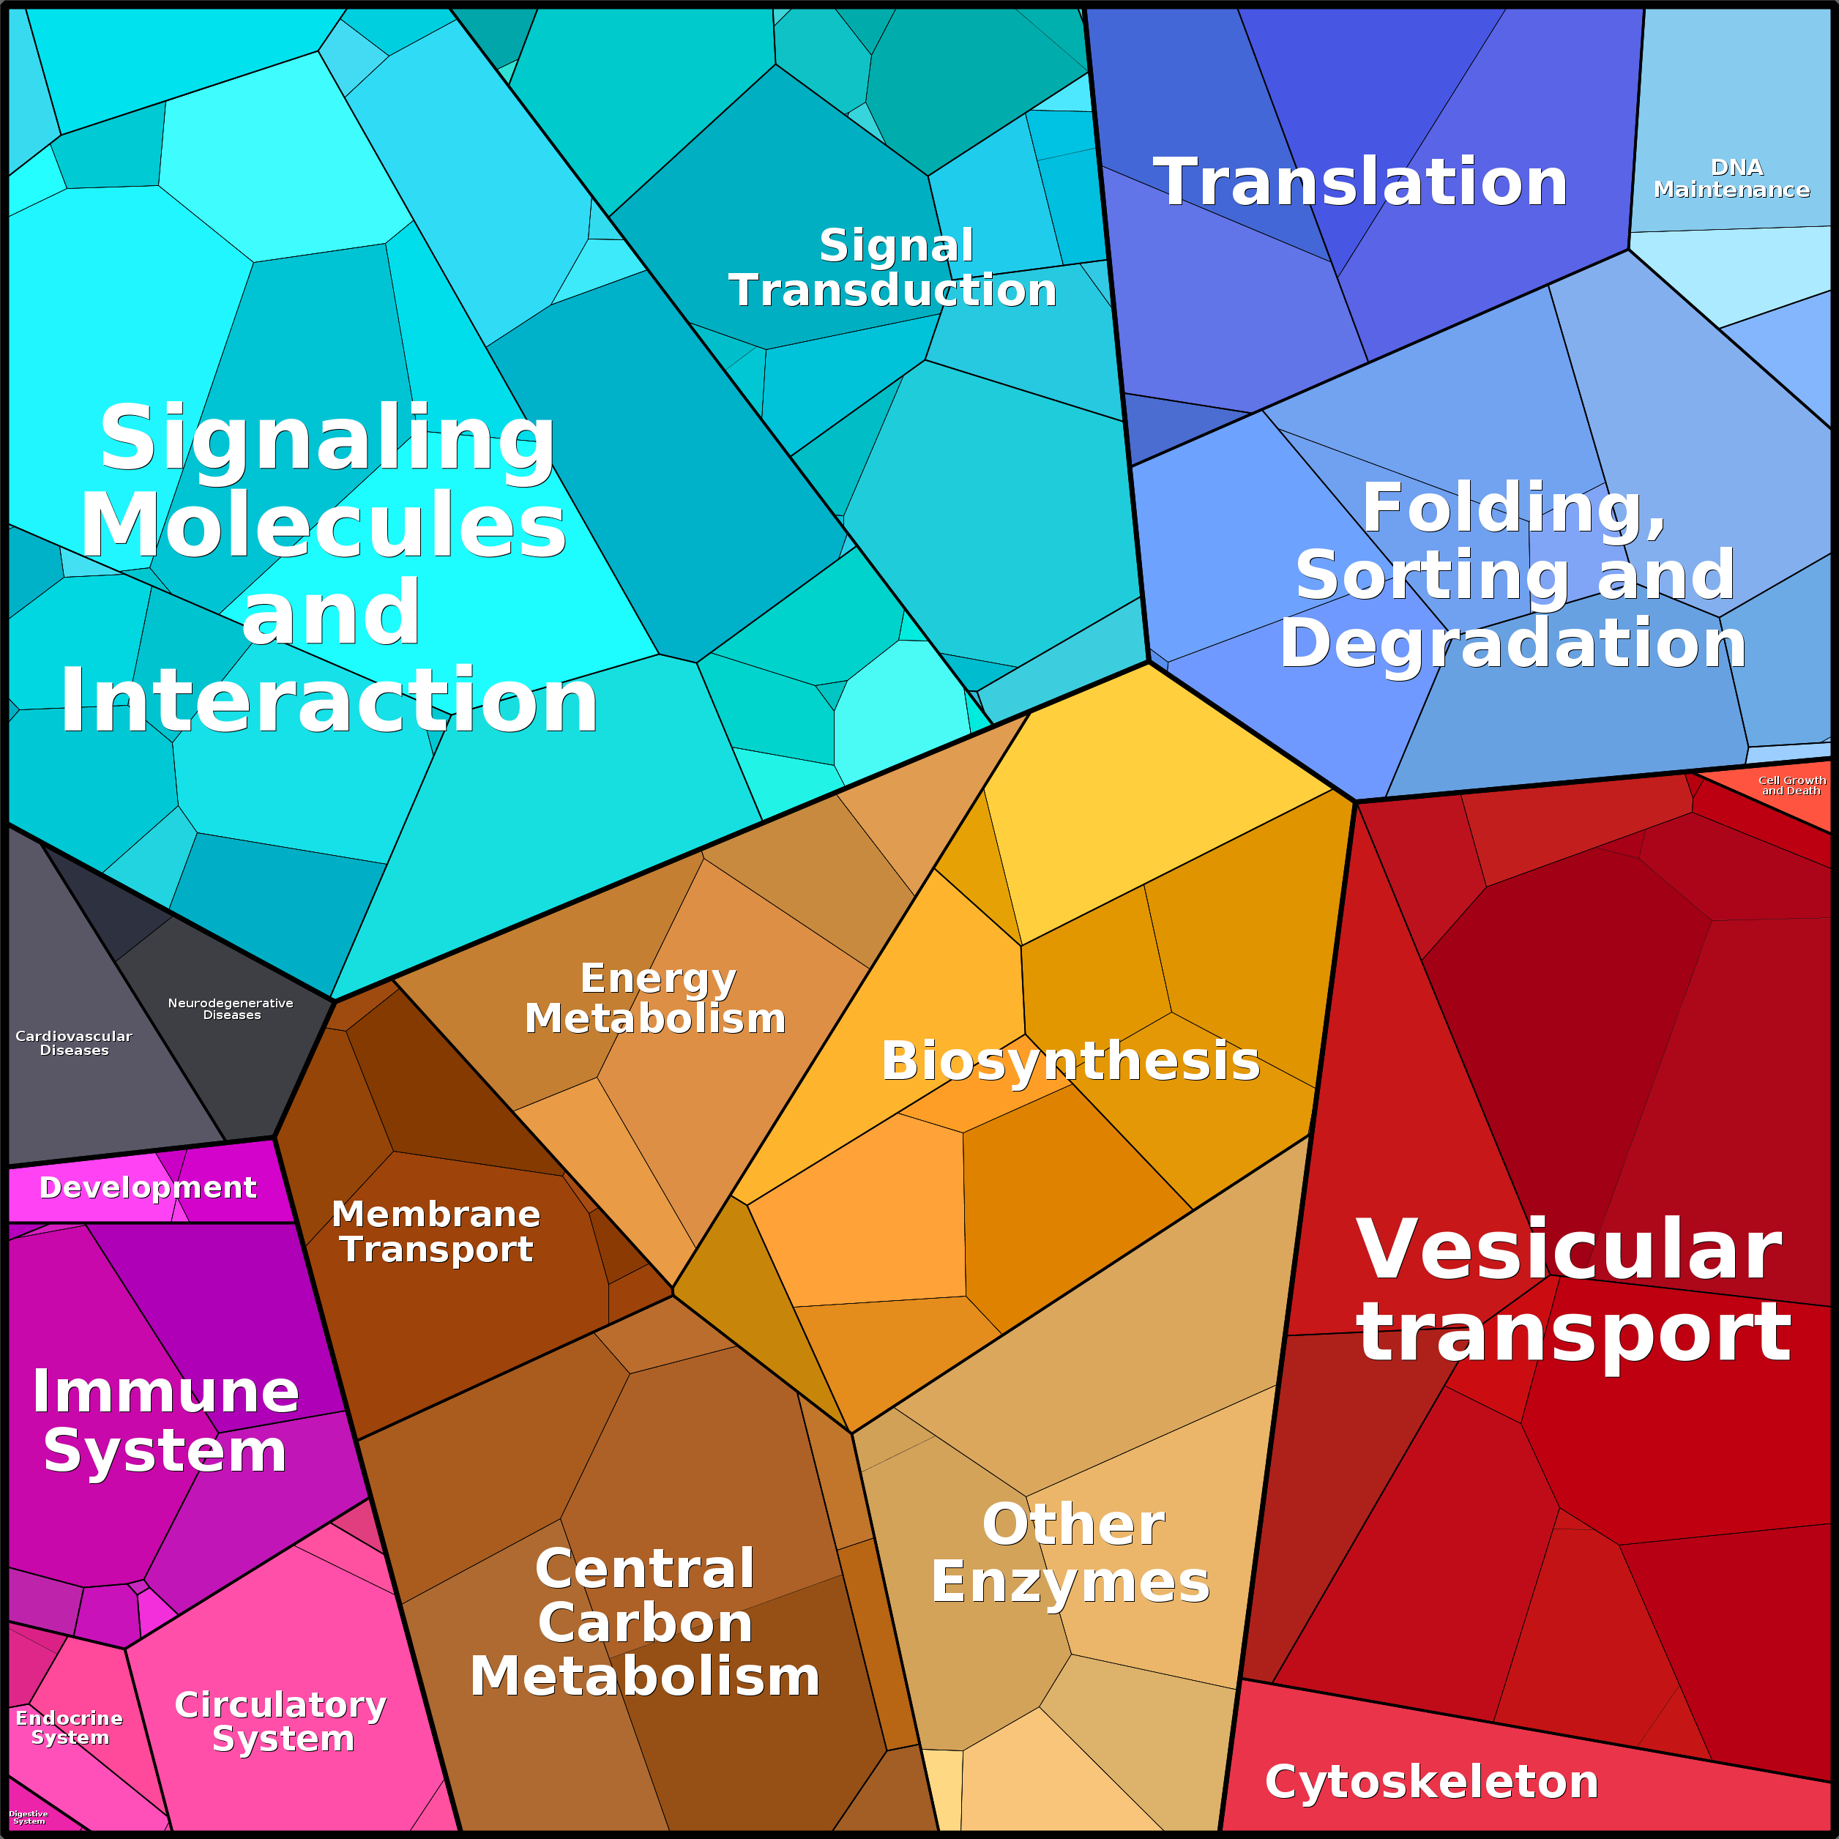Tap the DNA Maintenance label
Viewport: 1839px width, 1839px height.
click(1731, 179)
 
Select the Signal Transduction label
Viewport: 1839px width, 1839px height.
click(894, 269)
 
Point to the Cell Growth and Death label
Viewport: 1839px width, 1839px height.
click(1791, 786)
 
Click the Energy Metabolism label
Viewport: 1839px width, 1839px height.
click(656, 999)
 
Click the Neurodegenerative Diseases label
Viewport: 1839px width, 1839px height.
click(231, 1009)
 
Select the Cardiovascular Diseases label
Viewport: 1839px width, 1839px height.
click(74, 1043)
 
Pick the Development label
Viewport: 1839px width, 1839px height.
click(148, 1188)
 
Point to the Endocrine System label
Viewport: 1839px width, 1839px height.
click(70, 1728)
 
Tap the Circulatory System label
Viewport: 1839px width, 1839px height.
click(282, 1722)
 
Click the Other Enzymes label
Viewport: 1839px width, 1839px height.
click(1071, 1553)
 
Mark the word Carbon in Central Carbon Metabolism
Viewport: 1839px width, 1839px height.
click(646, 1623)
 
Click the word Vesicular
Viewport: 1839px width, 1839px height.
click(1569, 1250)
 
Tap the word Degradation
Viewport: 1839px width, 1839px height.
click(1512, 644)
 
